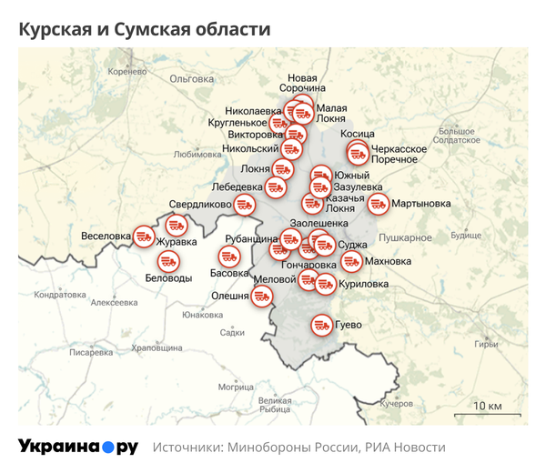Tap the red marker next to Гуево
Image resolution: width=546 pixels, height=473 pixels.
coord(321,324)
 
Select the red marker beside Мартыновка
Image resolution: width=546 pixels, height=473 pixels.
coord(378,205)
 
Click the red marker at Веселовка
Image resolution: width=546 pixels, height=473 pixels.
coord(144,236)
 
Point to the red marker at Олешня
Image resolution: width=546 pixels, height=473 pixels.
coord(262,296)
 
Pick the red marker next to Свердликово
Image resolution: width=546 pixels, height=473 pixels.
coord(244,205)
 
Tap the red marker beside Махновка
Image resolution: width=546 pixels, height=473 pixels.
coord(351,262)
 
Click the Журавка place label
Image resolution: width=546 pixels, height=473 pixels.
coord(176,243)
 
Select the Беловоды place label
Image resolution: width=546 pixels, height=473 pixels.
coord(168,278)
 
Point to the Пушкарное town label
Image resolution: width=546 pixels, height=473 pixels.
coord(404,237)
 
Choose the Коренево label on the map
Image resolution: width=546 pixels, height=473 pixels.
coord(126,71)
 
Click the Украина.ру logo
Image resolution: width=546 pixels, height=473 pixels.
coord(78,447)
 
